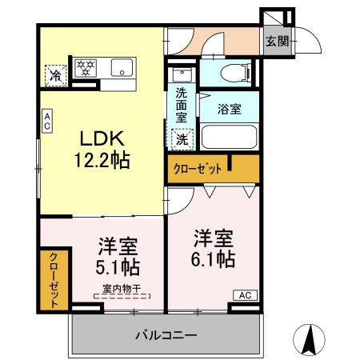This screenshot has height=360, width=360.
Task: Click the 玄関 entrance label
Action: pyautogui.click(x=278, y=41)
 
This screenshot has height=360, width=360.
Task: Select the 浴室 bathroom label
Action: pyautogui.click(x=229, y=110)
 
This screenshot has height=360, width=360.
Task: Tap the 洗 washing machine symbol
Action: pyautogui.click(x=182, y=139)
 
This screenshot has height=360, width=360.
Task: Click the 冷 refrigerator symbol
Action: pyautogui.click(x=56, y=74)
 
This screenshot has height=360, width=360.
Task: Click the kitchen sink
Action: pyautogui.click(x=122, y=68)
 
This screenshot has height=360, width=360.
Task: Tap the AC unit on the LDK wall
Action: pyautogui.click(x=47, y=122)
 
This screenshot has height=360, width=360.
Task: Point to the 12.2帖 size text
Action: pyautogui.click(x=102, y=159)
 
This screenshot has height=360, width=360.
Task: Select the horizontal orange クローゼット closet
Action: pyautogui.click(x=213, y=169)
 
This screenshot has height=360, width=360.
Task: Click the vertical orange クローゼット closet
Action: pyautogui.click(x=53, y=280)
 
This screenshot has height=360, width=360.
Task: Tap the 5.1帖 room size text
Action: pyautogui.click(x=117, y=266)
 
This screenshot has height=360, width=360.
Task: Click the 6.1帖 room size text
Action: pyautogui.click(x=214, y=259)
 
